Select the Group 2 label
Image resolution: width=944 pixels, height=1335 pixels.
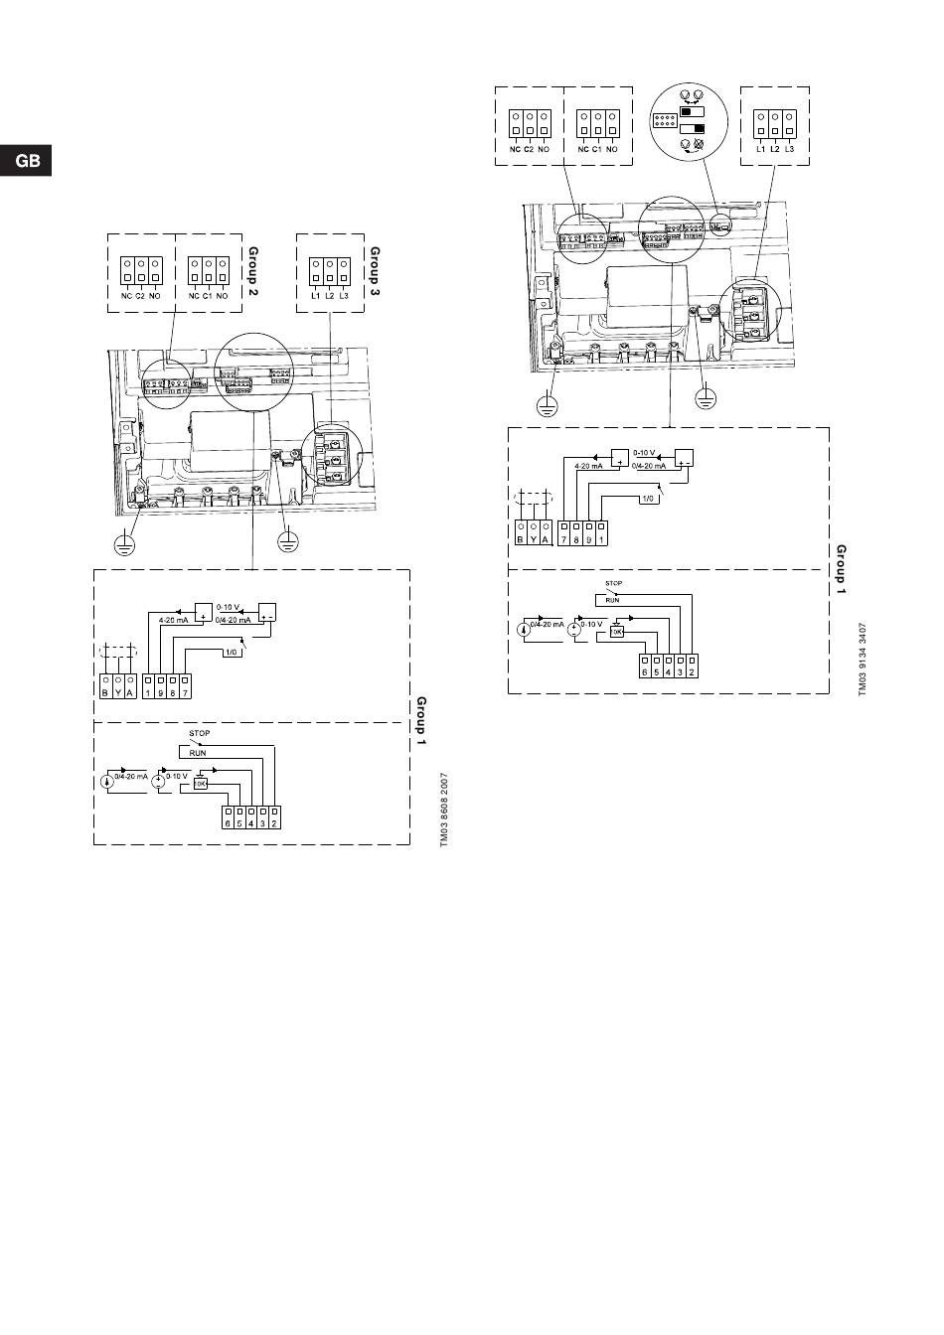click(252, 272)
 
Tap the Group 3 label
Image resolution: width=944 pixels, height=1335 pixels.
click(376, 272)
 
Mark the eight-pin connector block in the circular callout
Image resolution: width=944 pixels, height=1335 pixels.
click(663, 121)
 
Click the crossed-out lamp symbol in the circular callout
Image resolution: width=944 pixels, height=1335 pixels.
click(698, 145)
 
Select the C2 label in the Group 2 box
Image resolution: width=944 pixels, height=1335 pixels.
click(140, 296)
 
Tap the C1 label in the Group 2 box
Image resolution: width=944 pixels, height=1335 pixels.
click(207, 296)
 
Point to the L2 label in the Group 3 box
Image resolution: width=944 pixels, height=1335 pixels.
click(330, 296)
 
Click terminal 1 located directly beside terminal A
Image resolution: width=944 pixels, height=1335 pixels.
click(147, 692)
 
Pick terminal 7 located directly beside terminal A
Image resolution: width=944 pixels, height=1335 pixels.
click(564, 538)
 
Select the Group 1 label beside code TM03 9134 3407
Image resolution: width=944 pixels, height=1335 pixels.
click(841, 570)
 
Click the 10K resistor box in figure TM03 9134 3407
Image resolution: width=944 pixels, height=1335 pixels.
click(616, 631)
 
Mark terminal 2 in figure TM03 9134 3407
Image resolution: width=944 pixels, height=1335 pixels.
click(691, 671)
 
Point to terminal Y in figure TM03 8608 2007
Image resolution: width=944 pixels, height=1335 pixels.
click(117, 692)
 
